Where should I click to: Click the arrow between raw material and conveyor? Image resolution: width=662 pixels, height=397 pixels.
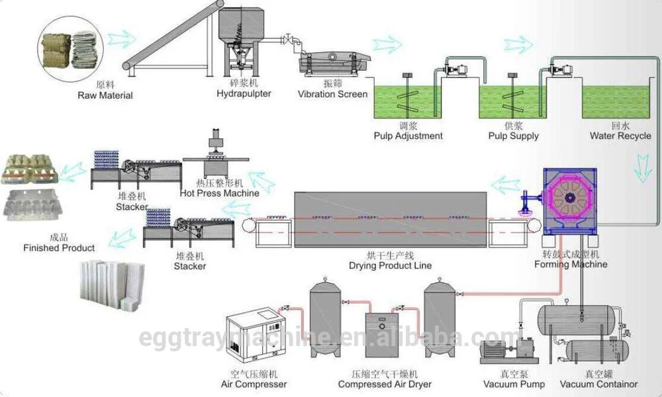point(120,38)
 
